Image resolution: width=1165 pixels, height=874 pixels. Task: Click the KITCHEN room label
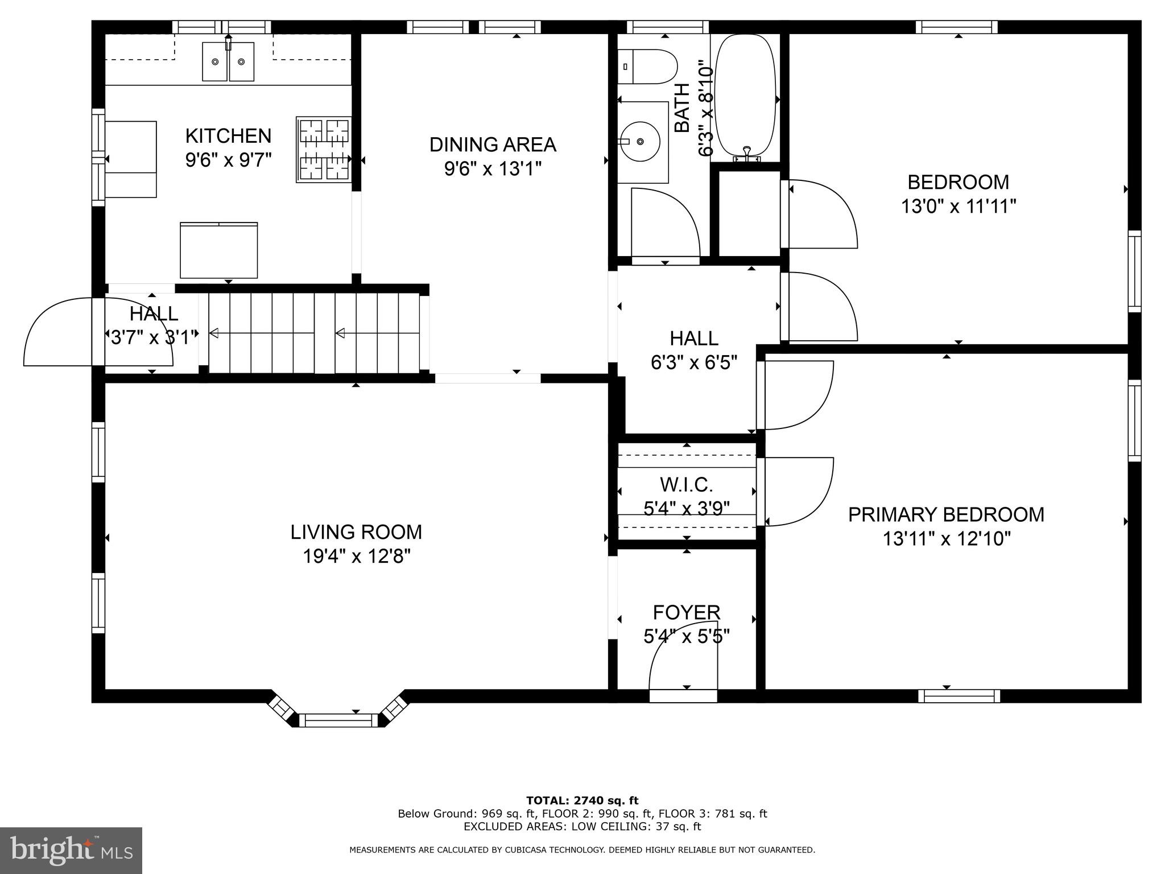[x=228, y=136]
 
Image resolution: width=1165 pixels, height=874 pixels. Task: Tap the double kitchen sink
[x=228, y=61]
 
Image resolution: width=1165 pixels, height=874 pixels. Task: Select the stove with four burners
[x=323, y=150]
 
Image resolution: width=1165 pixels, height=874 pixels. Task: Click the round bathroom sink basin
[x=642, y=141]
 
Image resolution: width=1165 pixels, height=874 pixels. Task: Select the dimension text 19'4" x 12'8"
[x=356, y=556]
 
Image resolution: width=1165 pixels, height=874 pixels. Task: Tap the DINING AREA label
[x=493, y=145]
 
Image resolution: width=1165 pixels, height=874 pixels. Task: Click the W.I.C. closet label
[x=686, y=485]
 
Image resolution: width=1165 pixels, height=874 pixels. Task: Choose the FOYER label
[x=686, y=612]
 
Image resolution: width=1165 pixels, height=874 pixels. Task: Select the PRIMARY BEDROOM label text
[x=946, y=514]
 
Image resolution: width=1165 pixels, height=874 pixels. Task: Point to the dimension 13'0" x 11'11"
[x=958, y=206]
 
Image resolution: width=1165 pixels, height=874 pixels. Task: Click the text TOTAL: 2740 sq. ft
[x=582, y=801]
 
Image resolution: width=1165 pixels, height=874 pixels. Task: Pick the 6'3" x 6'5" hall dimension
[x=693, y=362]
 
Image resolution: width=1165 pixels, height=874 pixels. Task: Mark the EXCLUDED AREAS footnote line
[x=582, y=826]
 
